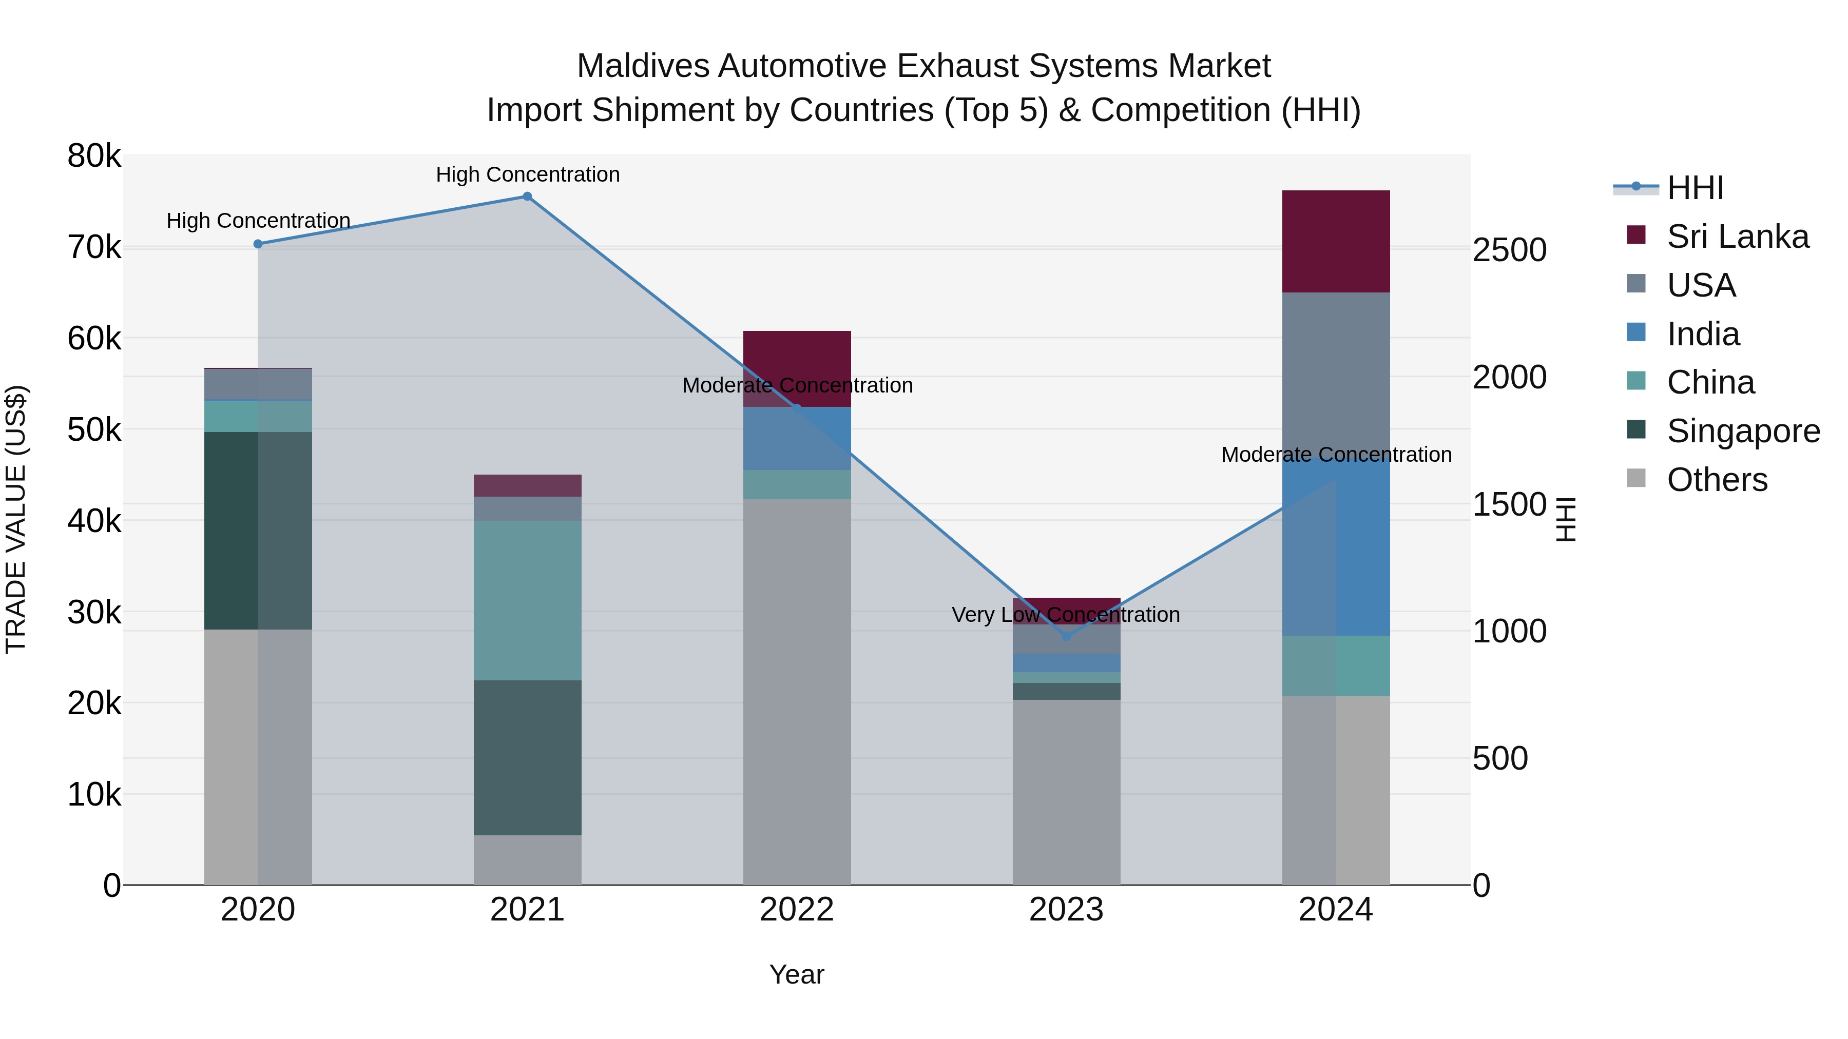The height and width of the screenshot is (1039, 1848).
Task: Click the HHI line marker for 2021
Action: tap(527, 197)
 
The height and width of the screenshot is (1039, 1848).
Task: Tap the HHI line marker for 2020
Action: tap(258, 244)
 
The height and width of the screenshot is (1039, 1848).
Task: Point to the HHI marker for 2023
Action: tap(1066, 637)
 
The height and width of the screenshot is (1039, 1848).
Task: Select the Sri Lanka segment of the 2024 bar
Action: tap(1336, 241)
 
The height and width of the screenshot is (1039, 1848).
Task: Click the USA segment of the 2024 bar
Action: tap(1336, 373)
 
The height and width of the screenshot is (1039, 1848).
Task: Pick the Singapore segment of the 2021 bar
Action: tap(527, 757)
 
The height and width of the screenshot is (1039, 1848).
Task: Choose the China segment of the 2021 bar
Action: tap(527, 600)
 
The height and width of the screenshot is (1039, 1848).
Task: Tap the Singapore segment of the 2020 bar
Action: tap(258, 531)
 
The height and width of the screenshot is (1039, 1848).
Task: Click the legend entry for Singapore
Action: tap(1743, 431)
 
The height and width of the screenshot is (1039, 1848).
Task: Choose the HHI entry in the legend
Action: tap(1695, 188)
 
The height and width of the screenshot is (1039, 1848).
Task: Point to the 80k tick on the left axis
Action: tap(94, 155)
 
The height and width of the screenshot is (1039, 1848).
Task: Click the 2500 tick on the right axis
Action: tap(1509, 250)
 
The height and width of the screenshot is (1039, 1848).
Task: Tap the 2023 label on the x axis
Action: tap(1066, 910)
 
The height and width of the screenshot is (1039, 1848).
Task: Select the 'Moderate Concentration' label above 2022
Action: tap(797, 385)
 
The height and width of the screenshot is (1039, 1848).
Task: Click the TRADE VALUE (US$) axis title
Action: tap(16, 519)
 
